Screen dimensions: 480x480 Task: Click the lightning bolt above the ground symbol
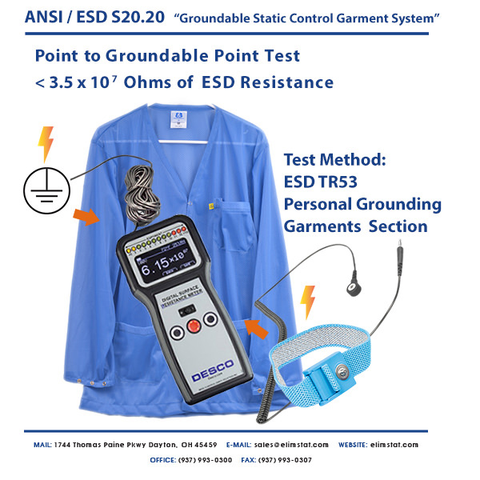(x=46, y=144)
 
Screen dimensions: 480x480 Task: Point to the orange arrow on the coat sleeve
(x=86, y=216)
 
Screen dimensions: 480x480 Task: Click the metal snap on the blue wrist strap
(x=342, y=370)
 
